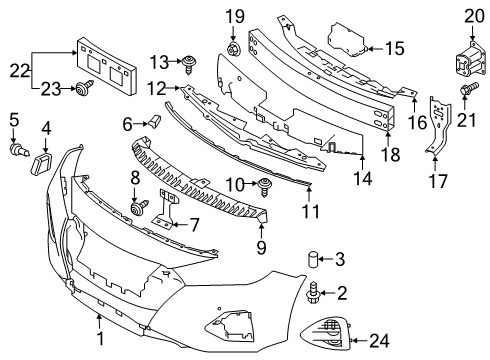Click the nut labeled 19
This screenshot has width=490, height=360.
[x=232, y=49]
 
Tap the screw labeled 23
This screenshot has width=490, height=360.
[x=82, y=91]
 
